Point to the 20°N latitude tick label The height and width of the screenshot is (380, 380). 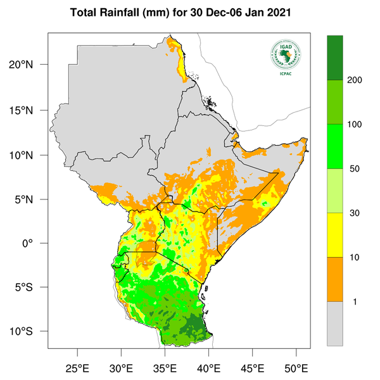(28, 65)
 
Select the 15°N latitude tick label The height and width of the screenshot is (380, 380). (28, 110)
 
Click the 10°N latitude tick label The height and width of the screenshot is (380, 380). (28, 155)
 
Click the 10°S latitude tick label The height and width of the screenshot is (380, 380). (28, 332)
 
